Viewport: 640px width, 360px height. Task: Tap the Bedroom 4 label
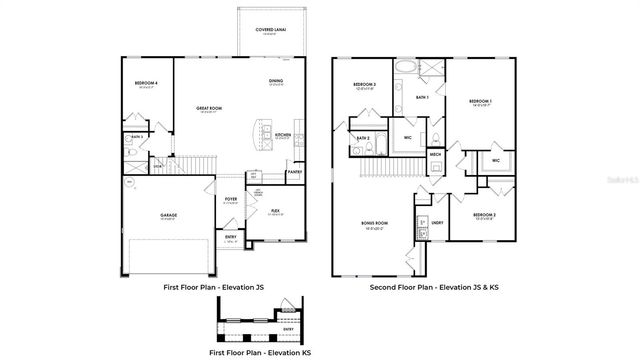(146, 84)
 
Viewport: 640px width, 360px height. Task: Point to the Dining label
(275, 81)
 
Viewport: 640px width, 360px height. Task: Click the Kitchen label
(283, 135)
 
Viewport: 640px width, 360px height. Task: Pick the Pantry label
(294, 172)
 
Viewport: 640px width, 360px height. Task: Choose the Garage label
(168, 215)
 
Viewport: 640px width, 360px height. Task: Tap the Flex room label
(275, 211)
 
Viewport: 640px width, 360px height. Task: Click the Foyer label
(231, 200)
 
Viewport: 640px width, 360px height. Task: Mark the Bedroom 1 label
(480, 102)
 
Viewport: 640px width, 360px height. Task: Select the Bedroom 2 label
(483, 215)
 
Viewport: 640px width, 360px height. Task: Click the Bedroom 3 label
(364, 85)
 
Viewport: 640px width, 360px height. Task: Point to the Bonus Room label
(375, 225)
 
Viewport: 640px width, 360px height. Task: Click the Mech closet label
(436, 154)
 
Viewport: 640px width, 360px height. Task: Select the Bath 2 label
(363, 137)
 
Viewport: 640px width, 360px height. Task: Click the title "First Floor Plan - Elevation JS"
(214, 287)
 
